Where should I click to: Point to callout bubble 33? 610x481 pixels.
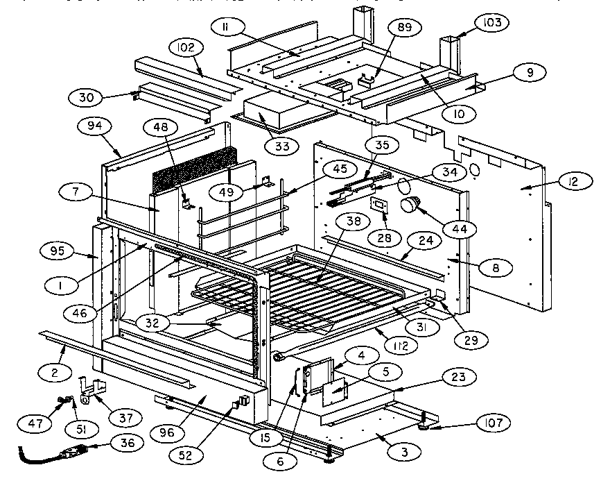[282, 146]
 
